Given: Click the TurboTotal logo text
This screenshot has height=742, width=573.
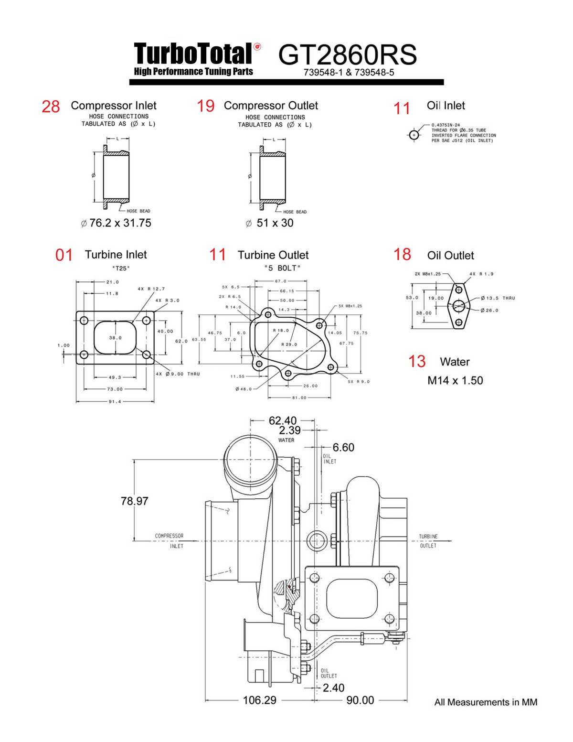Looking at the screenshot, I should pos(193,54).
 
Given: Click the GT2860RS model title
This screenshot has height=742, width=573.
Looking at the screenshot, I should pos(347,55).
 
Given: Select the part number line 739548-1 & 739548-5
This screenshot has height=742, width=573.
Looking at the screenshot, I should pos(349,73).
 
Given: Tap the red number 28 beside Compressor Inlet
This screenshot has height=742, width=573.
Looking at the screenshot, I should pos(51,107).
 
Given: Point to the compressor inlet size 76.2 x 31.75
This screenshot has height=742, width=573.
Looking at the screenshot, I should pos(116,223).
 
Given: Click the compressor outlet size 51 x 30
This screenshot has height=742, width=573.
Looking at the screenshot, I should pos(270,223).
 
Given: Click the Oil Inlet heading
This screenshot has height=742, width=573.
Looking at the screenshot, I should pos(446,106).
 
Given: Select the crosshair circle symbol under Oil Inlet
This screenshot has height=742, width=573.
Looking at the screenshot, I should pos(414,135).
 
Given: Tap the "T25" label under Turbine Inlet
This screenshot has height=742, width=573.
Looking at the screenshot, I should pos(121,269).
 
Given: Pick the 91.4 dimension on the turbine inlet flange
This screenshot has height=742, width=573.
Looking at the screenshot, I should pos(115,402).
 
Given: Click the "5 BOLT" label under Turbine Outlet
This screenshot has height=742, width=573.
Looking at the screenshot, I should pos(282,269).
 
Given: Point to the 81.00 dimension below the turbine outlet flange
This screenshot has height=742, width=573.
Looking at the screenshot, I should pos(299,398).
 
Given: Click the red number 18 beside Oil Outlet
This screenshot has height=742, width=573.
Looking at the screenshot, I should pos(402,254).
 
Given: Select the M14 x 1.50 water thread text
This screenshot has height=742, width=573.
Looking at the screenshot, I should pos(455,381).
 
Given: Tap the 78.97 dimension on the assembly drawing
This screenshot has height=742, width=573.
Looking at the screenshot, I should pos(134,501).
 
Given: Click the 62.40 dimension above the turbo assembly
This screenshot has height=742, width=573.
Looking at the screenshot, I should pos(282,420).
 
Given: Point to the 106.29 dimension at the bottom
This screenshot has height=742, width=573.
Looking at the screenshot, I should pos(259,700).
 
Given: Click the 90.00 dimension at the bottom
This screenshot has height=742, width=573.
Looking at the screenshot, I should pos(360,700).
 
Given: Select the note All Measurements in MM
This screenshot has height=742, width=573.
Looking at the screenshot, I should pos(486,702).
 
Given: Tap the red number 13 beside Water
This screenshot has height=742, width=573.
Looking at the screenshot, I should pos(416,362).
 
